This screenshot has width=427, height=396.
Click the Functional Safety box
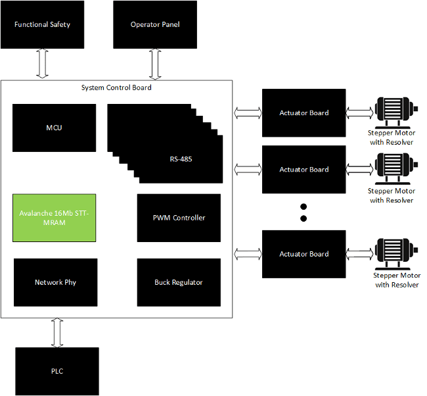point(43,25)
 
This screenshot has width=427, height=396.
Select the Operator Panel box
point(155,25)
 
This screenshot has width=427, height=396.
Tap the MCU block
point(55,127)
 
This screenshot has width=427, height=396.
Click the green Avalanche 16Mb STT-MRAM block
point(55,218)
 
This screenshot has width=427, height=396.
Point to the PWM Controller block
point(179,218)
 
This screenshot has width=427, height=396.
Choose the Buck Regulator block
point(179,282)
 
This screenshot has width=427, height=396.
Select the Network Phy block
point(56,282)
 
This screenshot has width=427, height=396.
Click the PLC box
point(57,371)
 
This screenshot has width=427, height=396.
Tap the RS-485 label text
point(181,159)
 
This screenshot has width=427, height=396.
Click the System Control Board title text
point(116,87)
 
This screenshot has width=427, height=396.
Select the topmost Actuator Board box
point(304,113)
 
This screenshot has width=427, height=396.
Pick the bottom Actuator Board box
point(304,254)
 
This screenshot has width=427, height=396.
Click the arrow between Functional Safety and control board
point(43,64)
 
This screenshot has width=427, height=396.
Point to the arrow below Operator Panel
point(155,64)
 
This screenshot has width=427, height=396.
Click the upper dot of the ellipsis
point(304,205)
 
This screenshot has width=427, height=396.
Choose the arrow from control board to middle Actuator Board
point(248,170)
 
